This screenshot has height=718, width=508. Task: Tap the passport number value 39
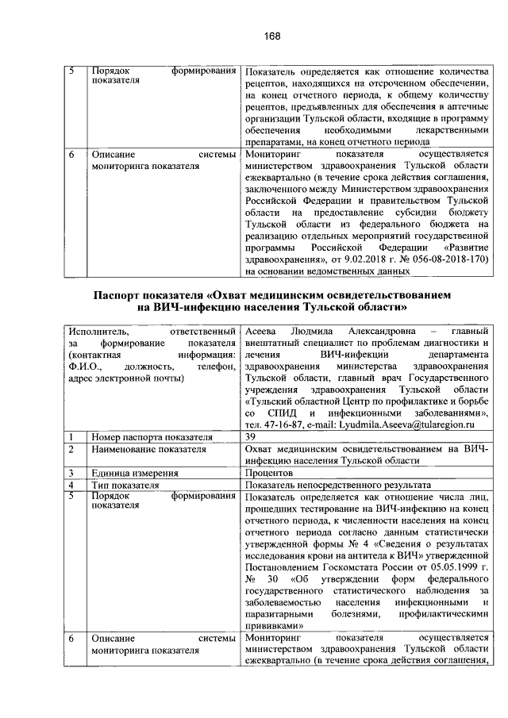tap(251, 436)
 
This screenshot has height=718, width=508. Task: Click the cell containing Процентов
tap(273, 473)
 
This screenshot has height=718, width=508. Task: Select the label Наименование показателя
tap(144, 449)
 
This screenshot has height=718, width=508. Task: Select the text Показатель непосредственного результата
tap(339, 485)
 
